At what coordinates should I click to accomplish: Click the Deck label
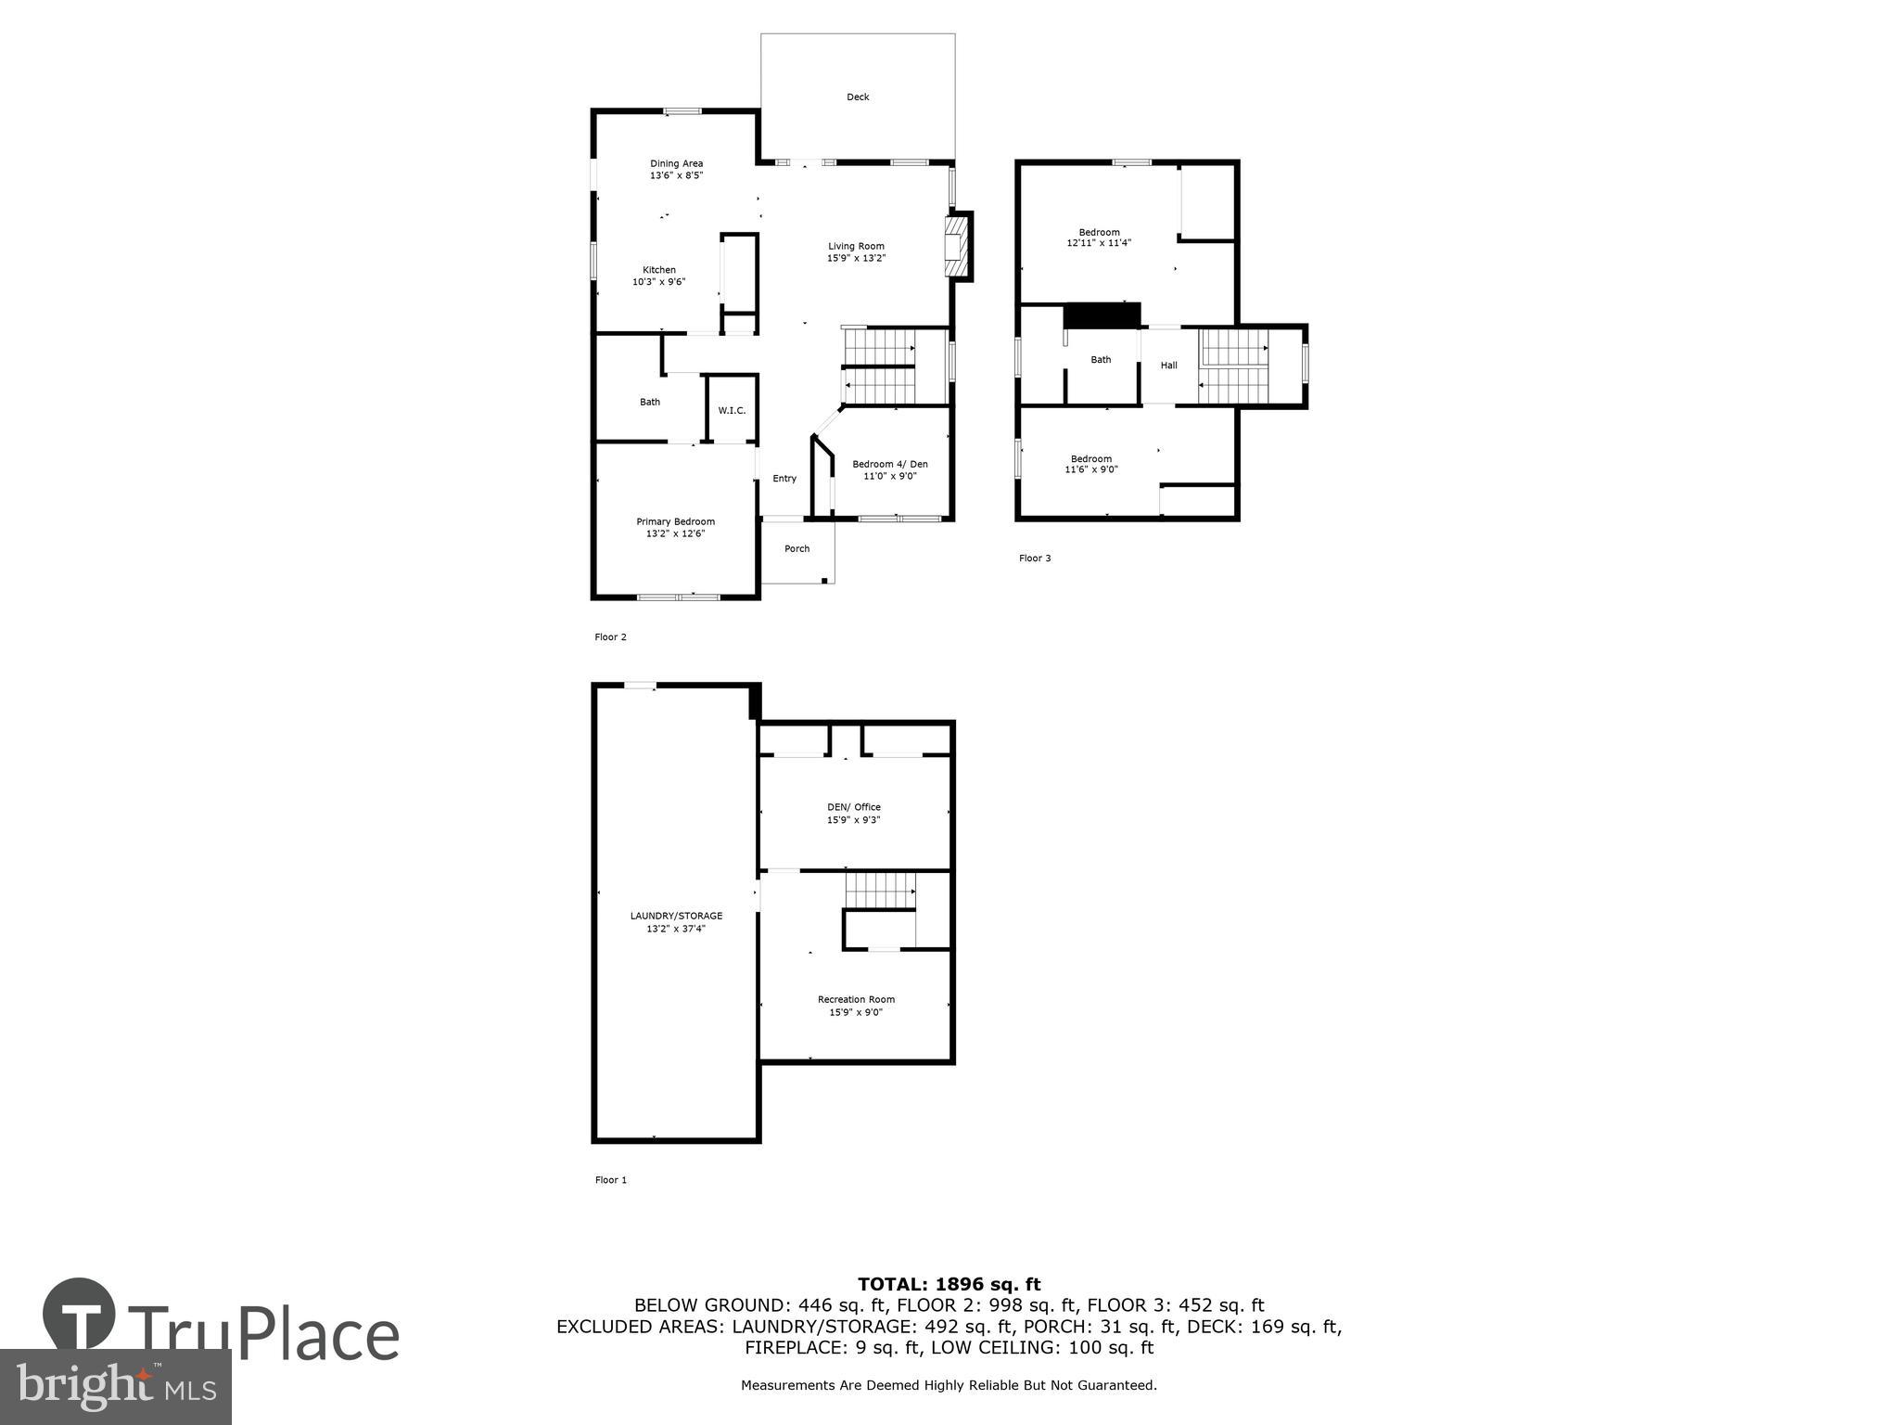pos(858,97)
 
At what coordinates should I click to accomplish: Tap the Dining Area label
pos(676,164)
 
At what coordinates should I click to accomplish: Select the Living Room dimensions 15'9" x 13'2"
pos(856,259)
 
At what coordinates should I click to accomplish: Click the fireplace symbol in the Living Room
pos(955,246)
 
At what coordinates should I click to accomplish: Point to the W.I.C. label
pos(732,411)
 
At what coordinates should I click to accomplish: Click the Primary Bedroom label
pos(675,521)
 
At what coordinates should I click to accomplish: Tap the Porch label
pos(797,549)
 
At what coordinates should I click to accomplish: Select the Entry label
pos(784,479)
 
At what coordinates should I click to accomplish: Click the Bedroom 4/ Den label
pos(889,465)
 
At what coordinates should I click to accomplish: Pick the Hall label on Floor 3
pos(1168,366)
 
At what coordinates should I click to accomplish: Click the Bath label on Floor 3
pos(1101,360)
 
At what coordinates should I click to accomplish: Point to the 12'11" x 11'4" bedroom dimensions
pos(1099,243)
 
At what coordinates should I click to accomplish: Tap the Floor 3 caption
pos(1035,558)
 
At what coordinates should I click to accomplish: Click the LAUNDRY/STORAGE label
pos(676,916)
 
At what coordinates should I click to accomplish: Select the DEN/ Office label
pos(854,807)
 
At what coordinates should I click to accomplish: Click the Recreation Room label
pos(856,999)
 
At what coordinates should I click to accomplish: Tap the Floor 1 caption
pos(610,1180)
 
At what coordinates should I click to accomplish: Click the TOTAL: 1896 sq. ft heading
pos(949,1284)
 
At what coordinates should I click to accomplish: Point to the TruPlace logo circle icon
pos(79,1315)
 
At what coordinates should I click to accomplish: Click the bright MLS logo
pos(116,1385)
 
